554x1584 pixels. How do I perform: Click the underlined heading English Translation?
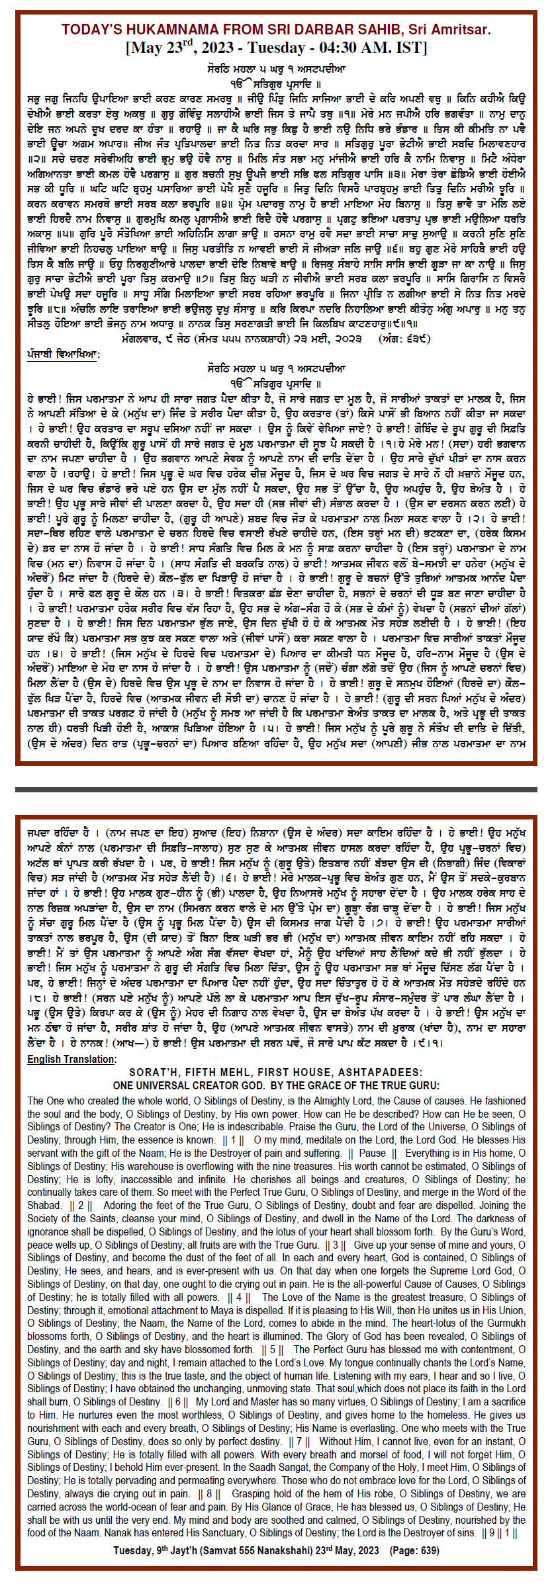[71, 1059]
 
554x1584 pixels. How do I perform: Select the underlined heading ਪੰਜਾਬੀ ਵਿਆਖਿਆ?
[63, 354]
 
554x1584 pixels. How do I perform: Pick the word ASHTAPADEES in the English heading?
[379, 1072]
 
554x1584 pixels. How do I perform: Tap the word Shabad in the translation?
[45, 1205]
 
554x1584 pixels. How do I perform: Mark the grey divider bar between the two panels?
[277, 789]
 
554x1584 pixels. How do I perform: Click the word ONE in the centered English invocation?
[124, 1085]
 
